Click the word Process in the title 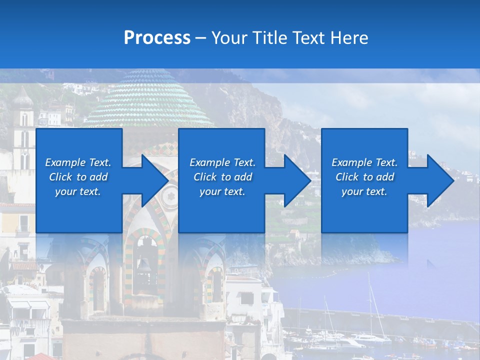[x=157, y=38]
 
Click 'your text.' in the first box [x=78, y=191]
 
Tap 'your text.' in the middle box [x=222, y=191]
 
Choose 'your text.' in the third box [x=364, y=191]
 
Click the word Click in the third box [x=347, y=177]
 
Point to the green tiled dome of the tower [x=149, y=100]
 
